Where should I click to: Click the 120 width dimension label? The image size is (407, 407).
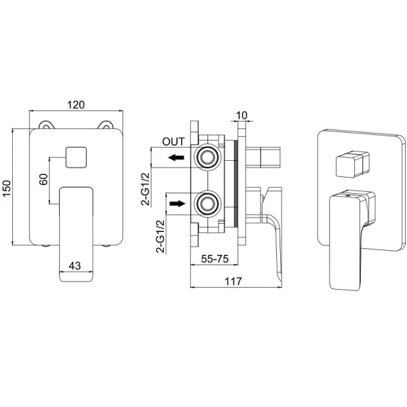click(x=76, y=104)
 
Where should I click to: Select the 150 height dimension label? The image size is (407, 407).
click(x=7, y=188)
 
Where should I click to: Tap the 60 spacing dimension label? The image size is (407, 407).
click(x=43, y=179)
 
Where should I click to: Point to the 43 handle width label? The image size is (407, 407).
click(x=75, y=265)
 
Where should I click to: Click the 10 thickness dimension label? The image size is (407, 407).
click(x=242, y=115)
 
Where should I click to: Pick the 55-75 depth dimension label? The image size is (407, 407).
click(x=214, y=258)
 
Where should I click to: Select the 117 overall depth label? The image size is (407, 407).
click(x=233, y=281)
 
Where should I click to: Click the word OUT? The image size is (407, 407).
click(x=174, y=142)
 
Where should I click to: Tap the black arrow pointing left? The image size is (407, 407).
click(x=176, y=157)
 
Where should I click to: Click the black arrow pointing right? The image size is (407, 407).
click(x=178, y=203)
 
